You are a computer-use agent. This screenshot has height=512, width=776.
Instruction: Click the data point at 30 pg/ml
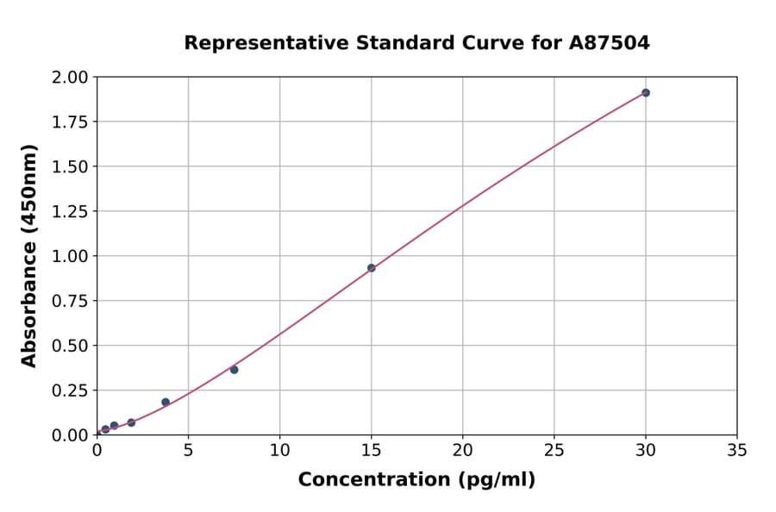pyautogui.click(x=646, y=92)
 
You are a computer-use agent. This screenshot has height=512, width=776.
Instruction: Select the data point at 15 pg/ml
pyautogui.click(x=372, y=268)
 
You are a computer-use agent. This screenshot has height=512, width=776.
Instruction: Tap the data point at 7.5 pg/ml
pyautogui.click(x=235, y=370)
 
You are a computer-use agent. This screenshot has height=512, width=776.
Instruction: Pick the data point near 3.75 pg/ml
pyautogui.click(x=166, y=403)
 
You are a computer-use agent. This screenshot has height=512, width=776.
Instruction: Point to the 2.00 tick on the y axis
pyautogui.click(x=70, y=78)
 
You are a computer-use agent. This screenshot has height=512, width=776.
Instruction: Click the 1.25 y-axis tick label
pyautogui.click(x=70, y=211)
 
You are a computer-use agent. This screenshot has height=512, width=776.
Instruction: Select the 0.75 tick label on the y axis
pyautogui.click(x=70, y=301)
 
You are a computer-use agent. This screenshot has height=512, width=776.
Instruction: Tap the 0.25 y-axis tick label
pyautogui.click(x=70, y=390)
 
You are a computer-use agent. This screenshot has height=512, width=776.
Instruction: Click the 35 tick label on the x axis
pyautogui.click(x=737, y=450)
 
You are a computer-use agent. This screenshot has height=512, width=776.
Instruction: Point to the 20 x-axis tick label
pyautogui.click(x=463, y=450)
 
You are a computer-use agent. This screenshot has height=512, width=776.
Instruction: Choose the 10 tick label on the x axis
pyautogui.click(x=279, y=450)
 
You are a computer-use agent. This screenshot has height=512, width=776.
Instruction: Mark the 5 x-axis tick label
pyautogui.click(x=188, y=450)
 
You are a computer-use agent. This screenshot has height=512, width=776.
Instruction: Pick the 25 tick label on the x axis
pyautogui.click(x=554, y=450)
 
